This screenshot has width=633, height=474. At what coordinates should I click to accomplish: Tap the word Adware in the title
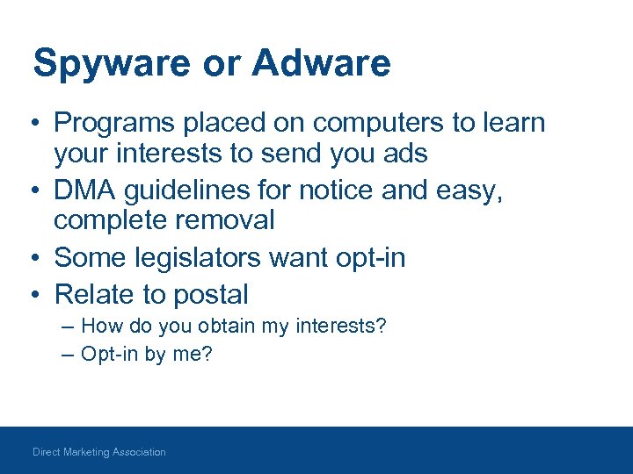(321, 64)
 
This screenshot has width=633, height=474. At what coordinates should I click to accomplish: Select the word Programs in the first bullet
(113, 124)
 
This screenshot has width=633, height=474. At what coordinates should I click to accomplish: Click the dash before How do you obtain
(69, 327)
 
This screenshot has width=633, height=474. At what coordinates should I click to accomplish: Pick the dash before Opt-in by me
(69, 354)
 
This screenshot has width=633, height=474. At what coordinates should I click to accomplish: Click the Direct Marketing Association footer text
(98, 452)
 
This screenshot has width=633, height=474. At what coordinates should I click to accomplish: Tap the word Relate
(89, 294)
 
